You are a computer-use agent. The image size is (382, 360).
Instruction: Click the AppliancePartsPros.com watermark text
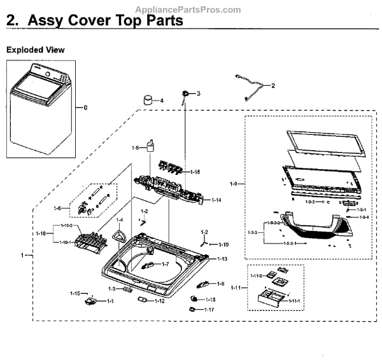click(189, 10)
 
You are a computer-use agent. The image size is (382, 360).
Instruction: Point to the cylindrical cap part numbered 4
click(149, 100)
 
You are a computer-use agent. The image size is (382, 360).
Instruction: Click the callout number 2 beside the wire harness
click(273, 85)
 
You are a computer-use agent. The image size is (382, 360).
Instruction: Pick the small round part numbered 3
click(185, 93)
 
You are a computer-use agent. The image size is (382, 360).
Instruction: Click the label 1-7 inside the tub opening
click(164, 264)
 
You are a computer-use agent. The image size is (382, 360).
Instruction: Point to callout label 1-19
click(223, 244)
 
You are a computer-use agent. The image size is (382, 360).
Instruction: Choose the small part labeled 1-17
click(192, 308)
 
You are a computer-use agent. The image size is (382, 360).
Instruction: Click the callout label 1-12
click(159, 301)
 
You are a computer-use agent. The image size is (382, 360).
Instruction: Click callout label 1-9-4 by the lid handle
click(364, 218)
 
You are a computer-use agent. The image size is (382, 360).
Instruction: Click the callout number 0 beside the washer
click(85, 107)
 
